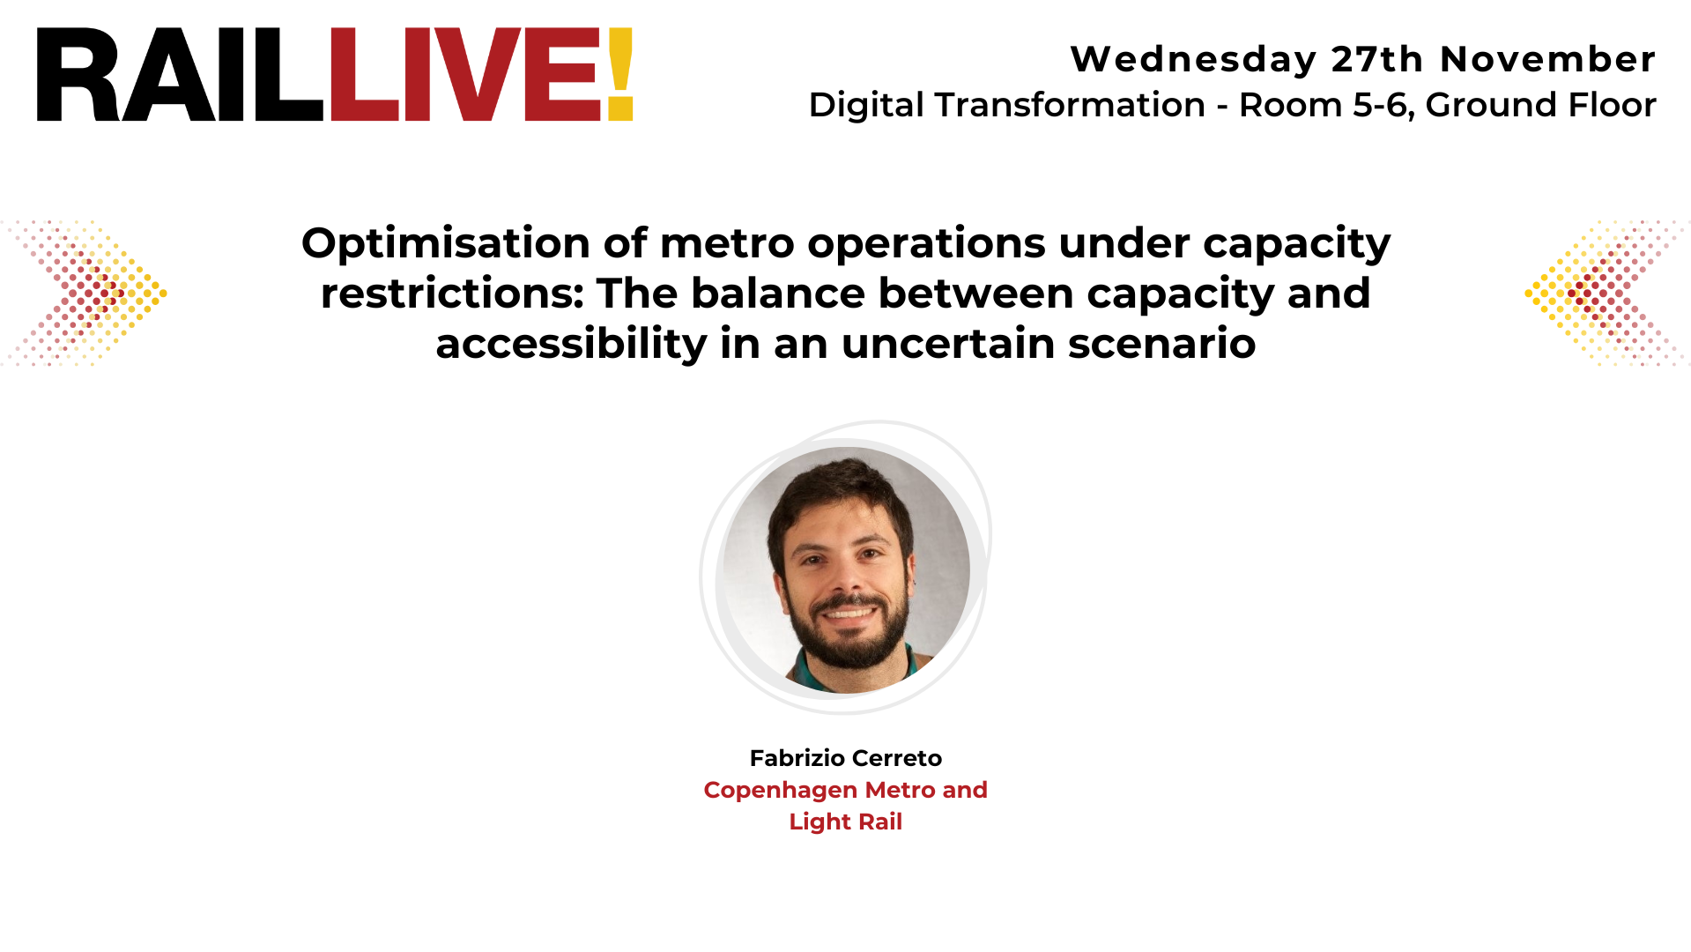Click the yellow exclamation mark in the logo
pyautogui.click(x=619, y=74)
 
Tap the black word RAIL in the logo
pyautogui.click(x=180, y=74)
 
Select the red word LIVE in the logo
pyautogui.click(x=465, y=74)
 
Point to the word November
pyautogui.click(x=1547, y=60)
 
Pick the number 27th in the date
pyautogui.click(x=1377, y=60)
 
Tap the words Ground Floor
pyautogui.click(x=1540, y=105)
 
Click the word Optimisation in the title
pyautogui.click(x=446, y=243)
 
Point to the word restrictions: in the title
pyautogui.click(x=452, y=294)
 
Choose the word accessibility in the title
pyautogui.click(x=571, y=344)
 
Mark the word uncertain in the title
pyautogui.click(x=948, y=344)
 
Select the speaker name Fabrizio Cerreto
pyautogui.click(x=845, y=758)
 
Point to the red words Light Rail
pyautogui.click(x=845, y=822)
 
